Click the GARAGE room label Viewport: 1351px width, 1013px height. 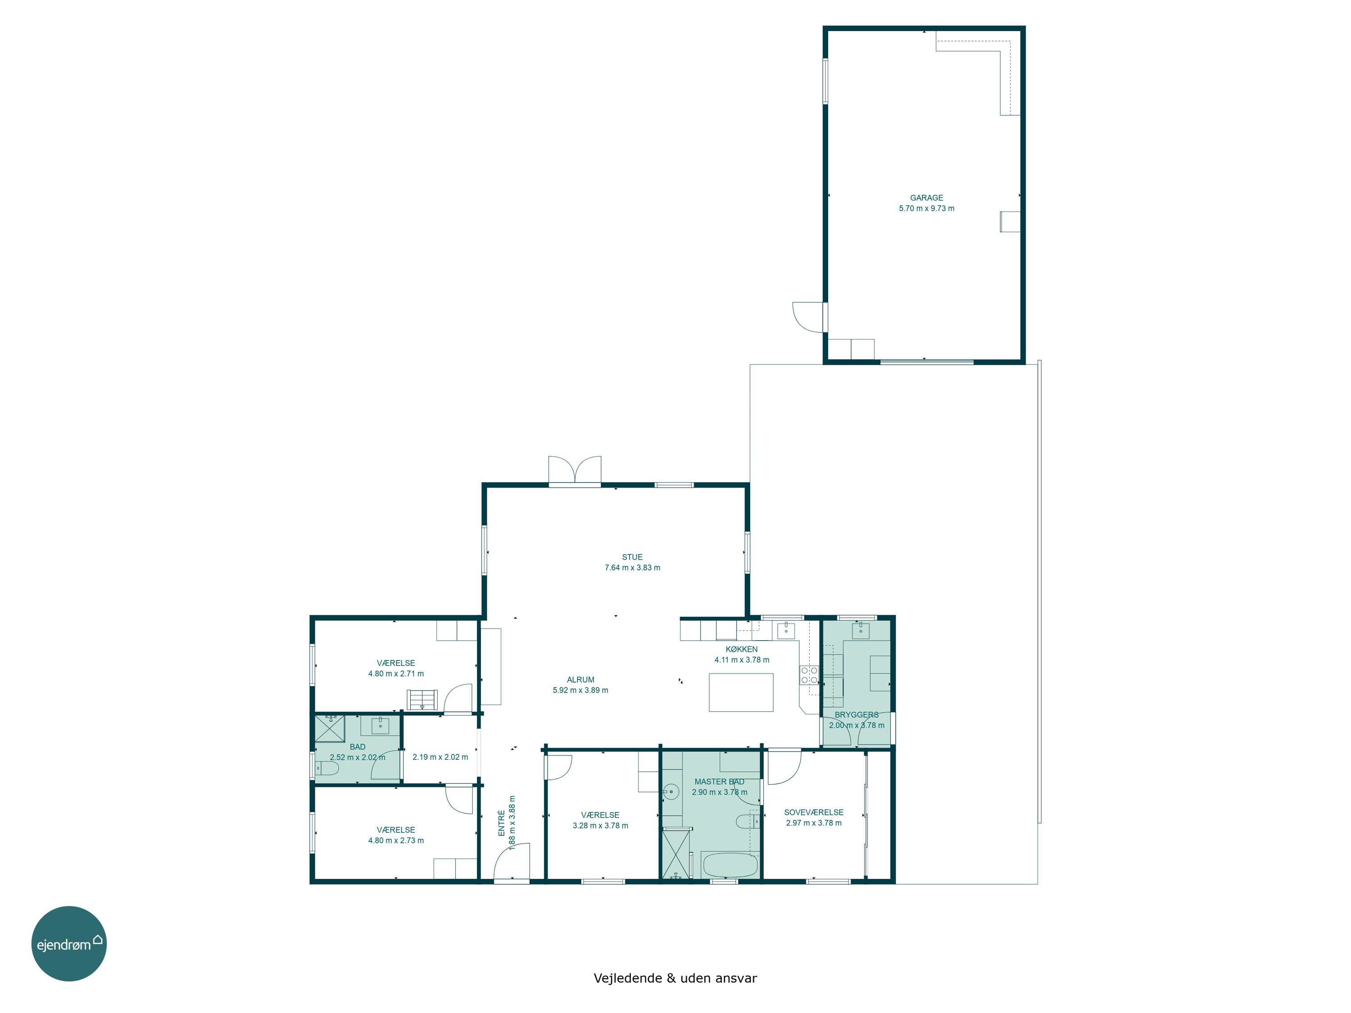[x=926, y=198]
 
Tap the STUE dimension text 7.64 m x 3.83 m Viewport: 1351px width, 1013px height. [x=632, y=568]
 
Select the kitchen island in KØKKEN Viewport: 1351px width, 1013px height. [x=741, y=692]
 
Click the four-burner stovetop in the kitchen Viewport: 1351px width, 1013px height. [x=809, y=675]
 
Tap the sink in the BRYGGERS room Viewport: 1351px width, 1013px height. [x=861, y=631]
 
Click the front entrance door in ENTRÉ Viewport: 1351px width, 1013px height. [x=512, y=862]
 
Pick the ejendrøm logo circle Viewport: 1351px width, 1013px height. [x=69, y=943]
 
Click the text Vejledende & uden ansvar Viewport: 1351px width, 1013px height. [x=675, y=978]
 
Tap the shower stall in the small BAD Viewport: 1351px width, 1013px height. [x=330, y=728]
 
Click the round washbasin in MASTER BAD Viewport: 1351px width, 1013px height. [x=671, y=792]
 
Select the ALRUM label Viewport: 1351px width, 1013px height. [x=580, y=679]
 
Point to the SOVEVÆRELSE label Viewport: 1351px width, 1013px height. [x=814, y=812]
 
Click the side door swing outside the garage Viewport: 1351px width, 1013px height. [x=807, y=317]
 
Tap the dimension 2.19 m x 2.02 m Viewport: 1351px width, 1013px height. [x=440, y=757]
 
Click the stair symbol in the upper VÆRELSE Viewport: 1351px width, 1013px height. [x=422, y=699]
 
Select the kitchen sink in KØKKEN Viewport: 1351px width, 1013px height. [x=786, y=630]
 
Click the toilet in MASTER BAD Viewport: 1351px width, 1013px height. [x=748, y=821]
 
